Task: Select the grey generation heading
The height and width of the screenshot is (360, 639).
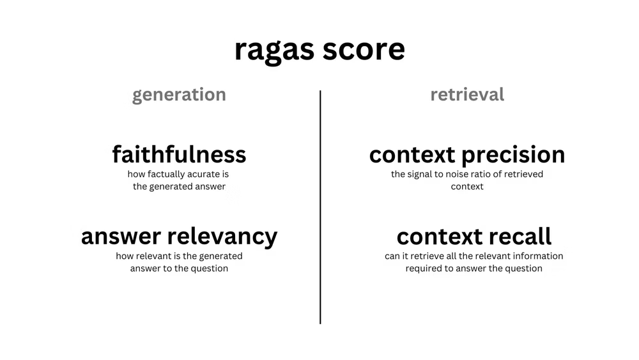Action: pos(179,95)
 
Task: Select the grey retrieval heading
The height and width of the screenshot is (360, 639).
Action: pos(467,95)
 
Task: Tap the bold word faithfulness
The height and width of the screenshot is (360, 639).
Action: pos(179,154)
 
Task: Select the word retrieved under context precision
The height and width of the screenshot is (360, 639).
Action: pos(524,174)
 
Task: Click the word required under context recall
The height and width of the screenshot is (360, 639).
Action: pos(424,269)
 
